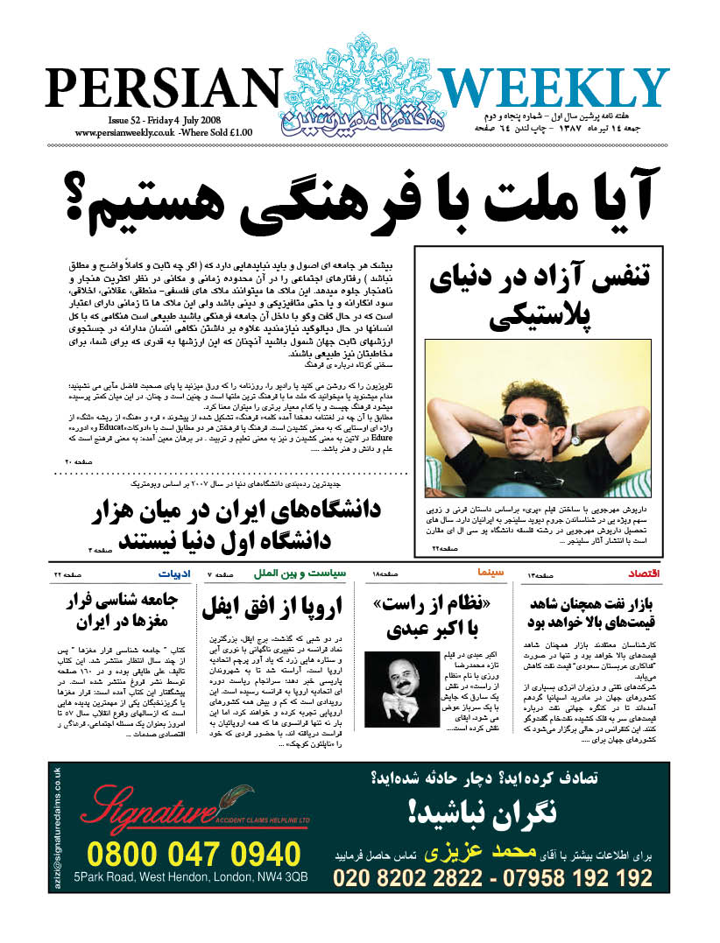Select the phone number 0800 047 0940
pyautogui.click(x=194, y=854)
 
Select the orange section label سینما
pyautogui.click(x=489, y=573)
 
